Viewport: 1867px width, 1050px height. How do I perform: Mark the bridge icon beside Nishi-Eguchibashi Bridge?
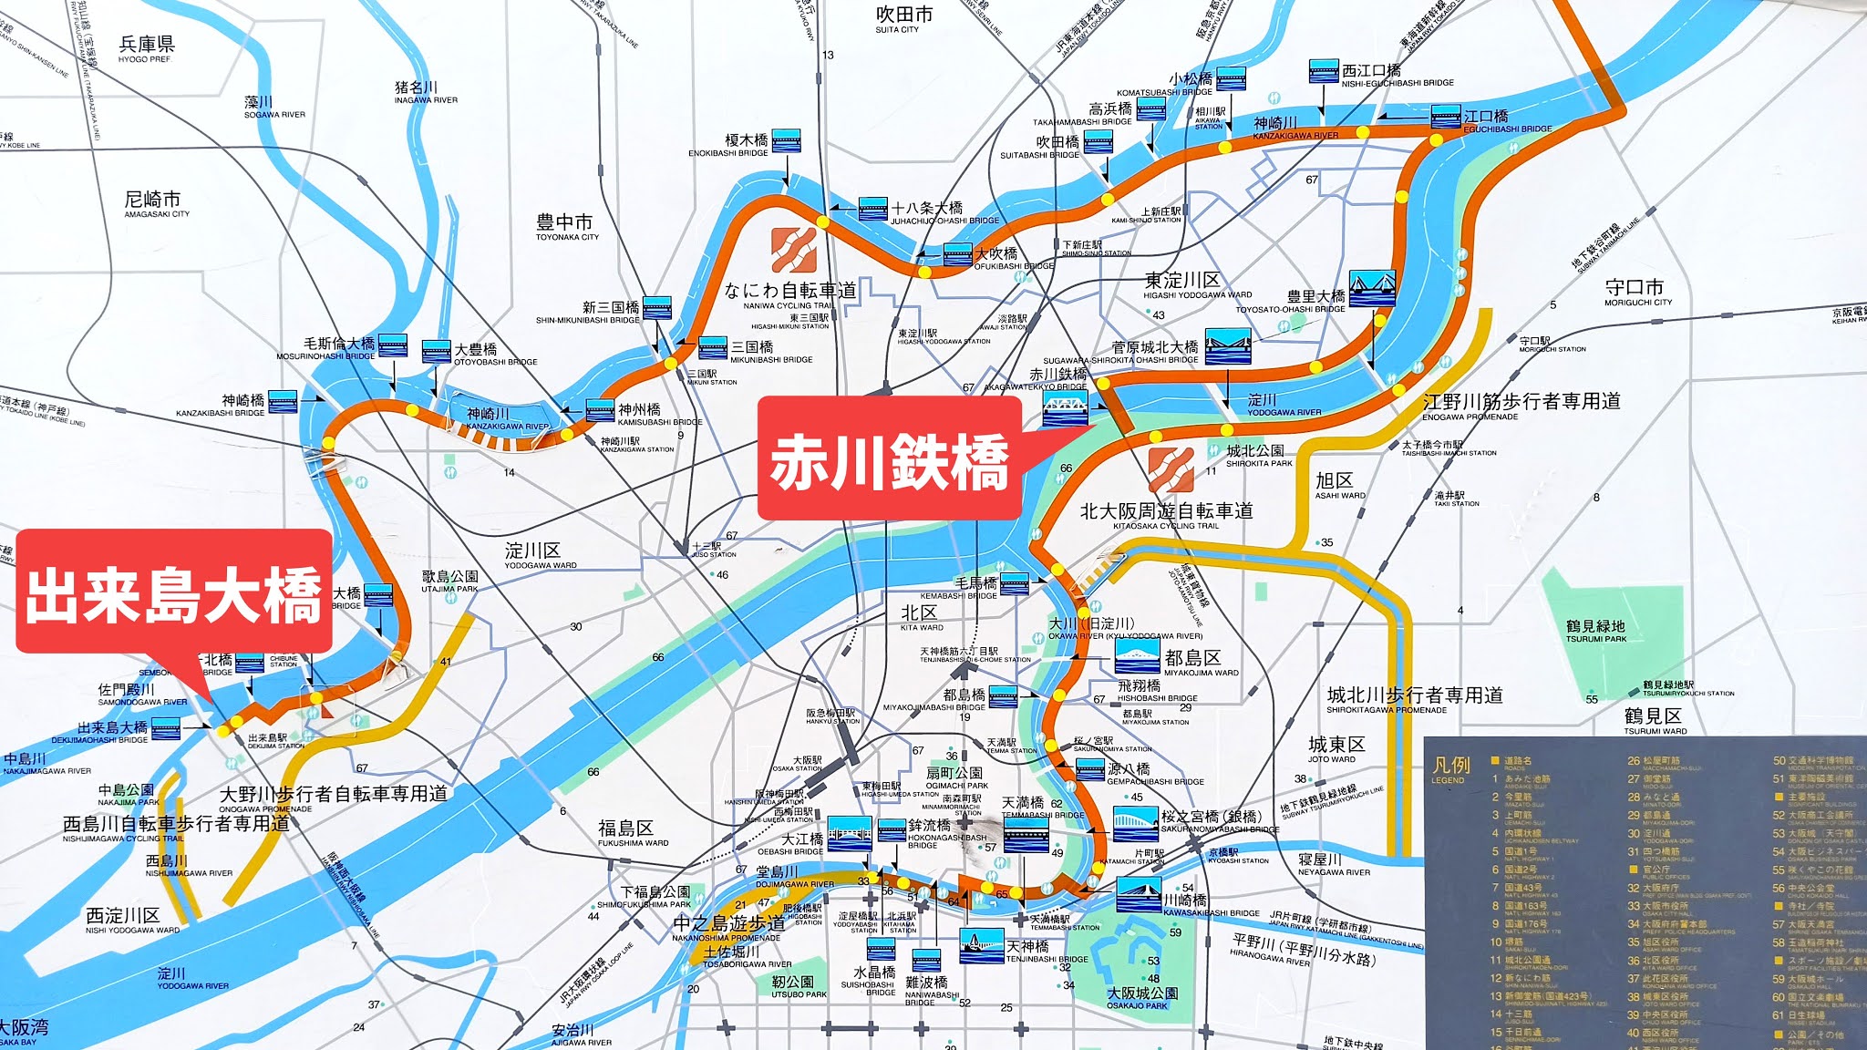(x=1323, y=71)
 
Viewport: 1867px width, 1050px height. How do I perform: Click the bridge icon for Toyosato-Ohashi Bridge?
(x=1372, y=287)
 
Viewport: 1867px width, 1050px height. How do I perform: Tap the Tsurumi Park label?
(x=1595, y=631)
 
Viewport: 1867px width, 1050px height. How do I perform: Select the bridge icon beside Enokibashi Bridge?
(x=786, y=141)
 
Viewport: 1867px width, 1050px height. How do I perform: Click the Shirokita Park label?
(x=1255, y=455)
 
